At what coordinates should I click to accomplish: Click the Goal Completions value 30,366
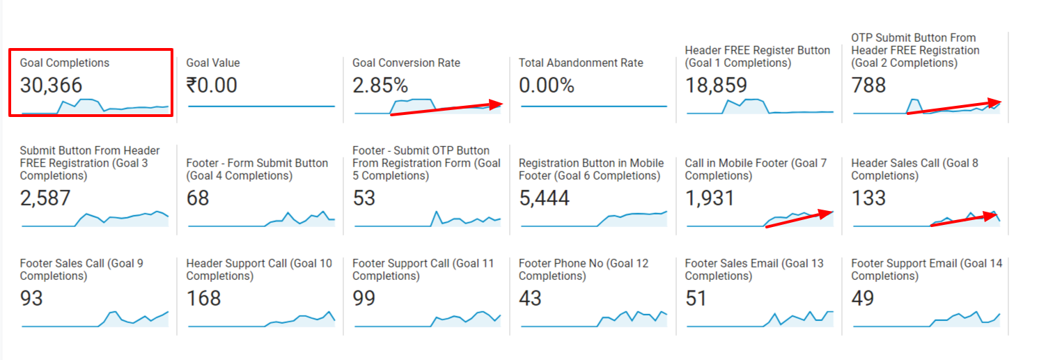51,86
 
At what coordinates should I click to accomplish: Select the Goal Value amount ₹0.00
212,86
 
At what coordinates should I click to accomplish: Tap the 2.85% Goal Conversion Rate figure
380,86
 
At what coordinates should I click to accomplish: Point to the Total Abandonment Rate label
581,63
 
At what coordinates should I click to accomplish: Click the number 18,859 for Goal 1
716,86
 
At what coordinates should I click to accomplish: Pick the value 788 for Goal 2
868,86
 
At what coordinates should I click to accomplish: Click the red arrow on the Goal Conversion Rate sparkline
446,109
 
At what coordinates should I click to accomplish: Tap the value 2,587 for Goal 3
45,198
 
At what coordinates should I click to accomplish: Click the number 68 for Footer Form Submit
198,198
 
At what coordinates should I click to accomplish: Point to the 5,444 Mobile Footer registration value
544,198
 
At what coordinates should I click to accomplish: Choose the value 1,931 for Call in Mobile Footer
710,198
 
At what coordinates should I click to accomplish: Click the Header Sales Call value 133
868,198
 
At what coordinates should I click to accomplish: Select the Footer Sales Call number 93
31,299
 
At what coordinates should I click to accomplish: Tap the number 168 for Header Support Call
203,299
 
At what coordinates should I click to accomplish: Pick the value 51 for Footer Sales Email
696,299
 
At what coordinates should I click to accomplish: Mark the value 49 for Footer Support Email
864,299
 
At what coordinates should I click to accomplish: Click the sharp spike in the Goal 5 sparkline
437,212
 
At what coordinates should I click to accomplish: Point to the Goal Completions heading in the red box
65,63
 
